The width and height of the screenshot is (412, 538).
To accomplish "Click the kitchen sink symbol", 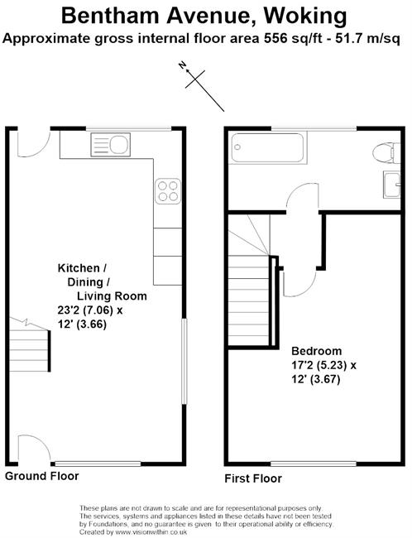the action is [x=111, y=145].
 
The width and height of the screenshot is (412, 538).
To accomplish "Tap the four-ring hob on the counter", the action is [x=168, y=190].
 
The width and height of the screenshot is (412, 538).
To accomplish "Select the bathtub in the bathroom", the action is [x=267, y=148].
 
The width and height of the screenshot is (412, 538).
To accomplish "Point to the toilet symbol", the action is [x=386, y=153].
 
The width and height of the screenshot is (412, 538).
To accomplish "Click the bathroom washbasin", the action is [x=392, y=185].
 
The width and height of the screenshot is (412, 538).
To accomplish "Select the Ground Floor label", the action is [x=42, y=476].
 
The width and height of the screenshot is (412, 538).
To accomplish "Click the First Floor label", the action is [x=253, y=478].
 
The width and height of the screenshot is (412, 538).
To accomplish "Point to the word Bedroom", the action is [x=316, y=351].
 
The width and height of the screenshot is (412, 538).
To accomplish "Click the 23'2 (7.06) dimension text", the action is [x=85, y=310].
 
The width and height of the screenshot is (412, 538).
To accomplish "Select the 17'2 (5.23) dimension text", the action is [x=319, y=365].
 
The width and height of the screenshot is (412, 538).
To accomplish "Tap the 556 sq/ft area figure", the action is [x=293, y=38].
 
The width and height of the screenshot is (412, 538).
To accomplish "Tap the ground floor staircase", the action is [x=30, y=346].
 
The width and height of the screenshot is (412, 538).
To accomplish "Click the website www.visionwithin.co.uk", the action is [x=151, y=532].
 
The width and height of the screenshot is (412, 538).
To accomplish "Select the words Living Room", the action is [x=112, y=295].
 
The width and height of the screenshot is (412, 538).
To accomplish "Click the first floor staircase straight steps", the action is [x=250, y=301].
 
